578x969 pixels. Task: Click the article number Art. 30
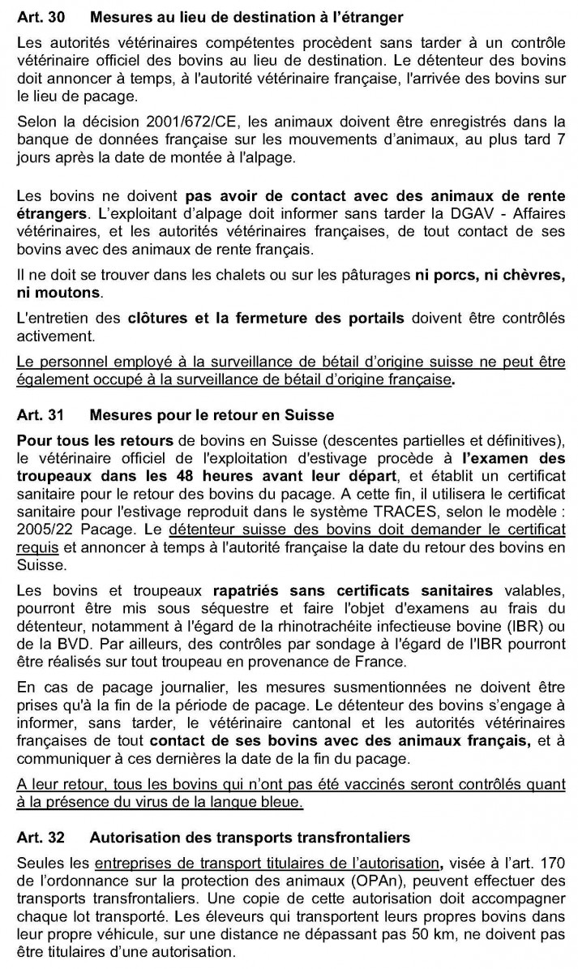click(x=38, y=17)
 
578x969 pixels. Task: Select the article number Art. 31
click(x=38, y=416)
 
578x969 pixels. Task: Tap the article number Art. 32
click(x=38, y=837)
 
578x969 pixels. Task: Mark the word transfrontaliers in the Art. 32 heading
click(x=354, y=837)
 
